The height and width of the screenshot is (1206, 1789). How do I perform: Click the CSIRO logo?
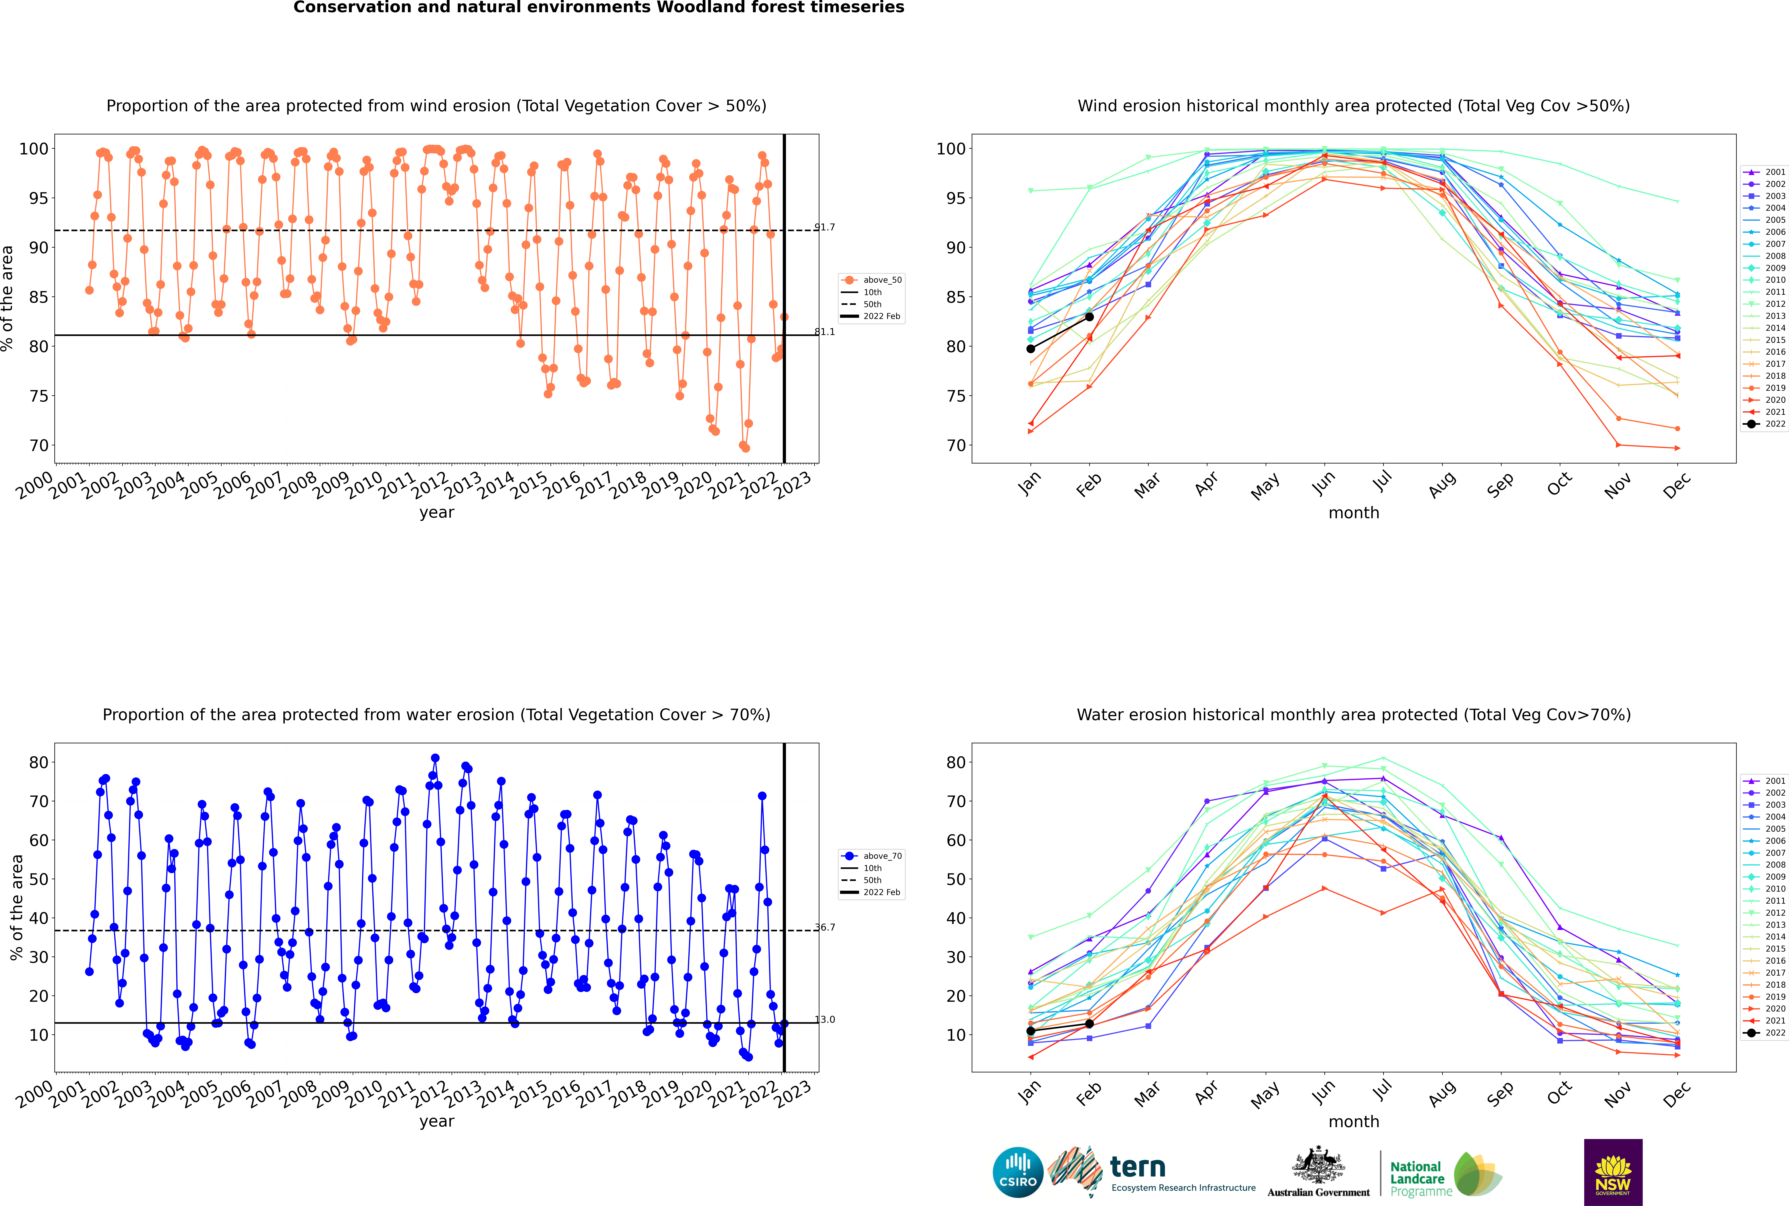pyautogui.click(x=1018, y=1173)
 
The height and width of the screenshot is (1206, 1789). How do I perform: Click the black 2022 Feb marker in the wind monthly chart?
pyautogui.click(x=1089, y=317)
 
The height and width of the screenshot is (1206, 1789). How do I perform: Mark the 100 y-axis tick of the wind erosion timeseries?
pyautogui.click(x=34, y=149)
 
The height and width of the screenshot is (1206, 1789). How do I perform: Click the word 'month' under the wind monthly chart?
pyautogui.click(x=1354, y=513)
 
